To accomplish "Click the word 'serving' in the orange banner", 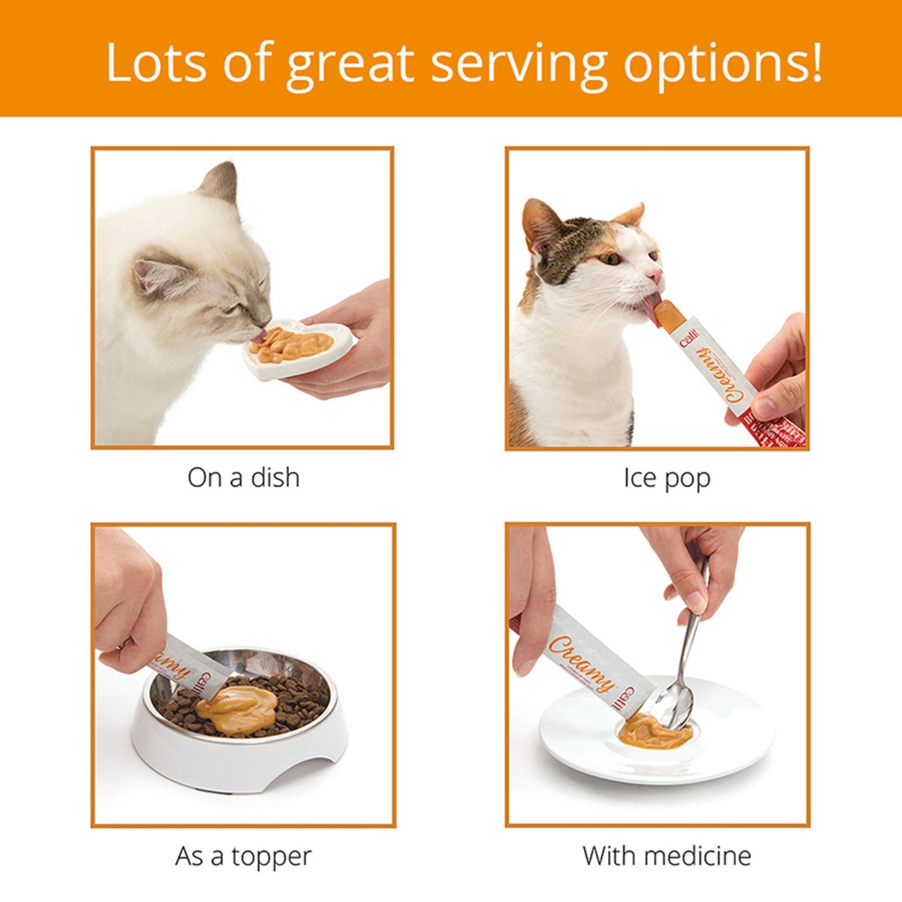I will [519, 63].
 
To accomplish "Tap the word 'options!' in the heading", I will [723, 63].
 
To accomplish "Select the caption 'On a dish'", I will [243, 478].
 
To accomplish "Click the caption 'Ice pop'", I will [667, 478].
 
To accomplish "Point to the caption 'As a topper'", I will [243, 856].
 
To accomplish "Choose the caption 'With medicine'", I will [667, 856].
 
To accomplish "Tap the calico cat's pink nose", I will [654, 275].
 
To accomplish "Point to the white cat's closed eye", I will [232, 308].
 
